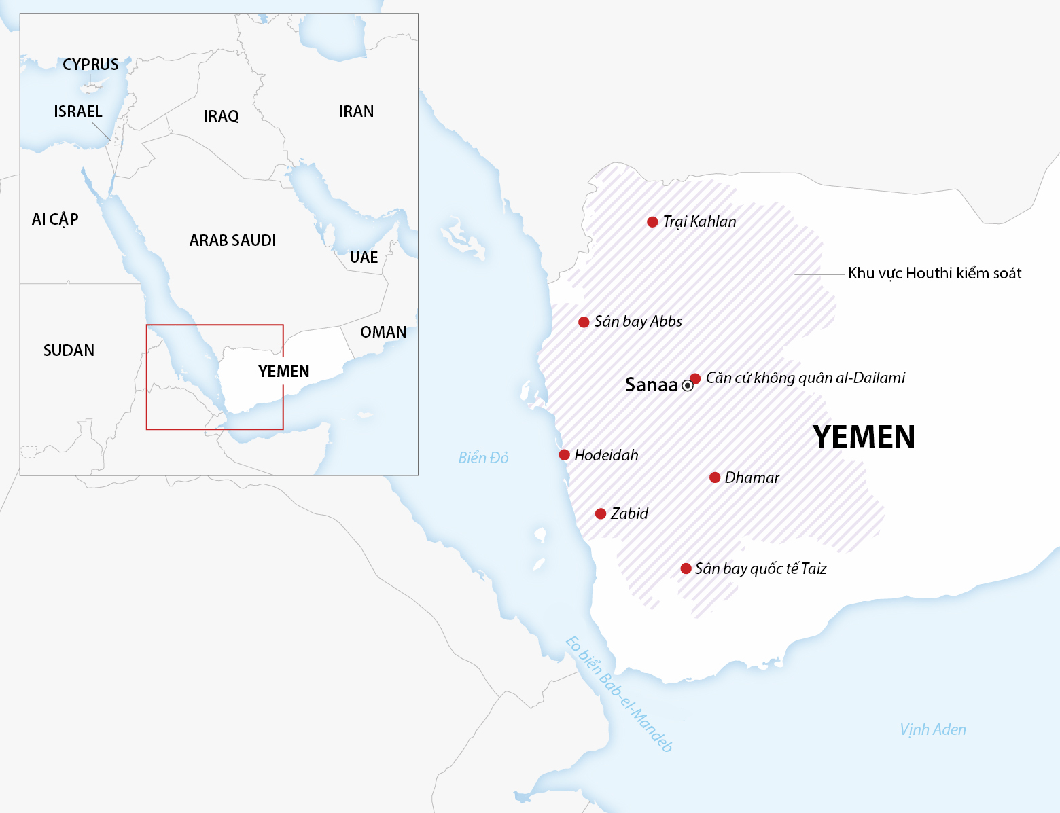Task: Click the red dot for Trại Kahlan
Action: click(652, 222)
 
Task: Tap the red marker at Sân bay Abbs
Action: click(584, 322)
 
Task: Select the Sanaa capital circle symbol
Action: click(688, 386)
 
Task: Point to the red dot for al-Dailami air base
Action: click(695, 378)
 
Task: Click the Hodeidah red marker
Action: click(564, 455)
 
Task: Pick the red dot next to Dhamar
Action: click(715, 477)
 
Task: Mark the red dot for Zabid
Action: click(601, 513)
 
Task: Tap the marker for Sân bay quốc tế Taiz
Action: click(686, 568)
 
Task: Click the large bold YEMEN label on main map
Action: click(864, 437)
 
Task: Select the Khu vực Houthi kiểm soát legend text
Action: click(934, 273)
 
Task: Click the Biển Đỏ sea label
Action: click(483, 458)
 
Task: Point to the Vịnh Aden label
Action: click(932, 729)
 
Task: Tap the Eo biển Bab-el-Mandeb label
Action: click(619, 694)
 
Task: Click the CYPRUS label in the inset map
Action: click(90, 65)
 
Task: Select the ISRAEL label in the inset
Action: click(78, 111)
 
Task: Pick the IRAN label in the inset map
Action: click(357, 111)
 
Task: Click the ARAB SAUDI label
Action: click(232, 240)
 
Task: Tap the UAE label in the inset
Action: click(364, 257)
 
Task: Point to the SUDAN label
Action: click(69, 350)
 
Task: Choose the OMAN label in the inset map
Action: click(383, 332)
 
